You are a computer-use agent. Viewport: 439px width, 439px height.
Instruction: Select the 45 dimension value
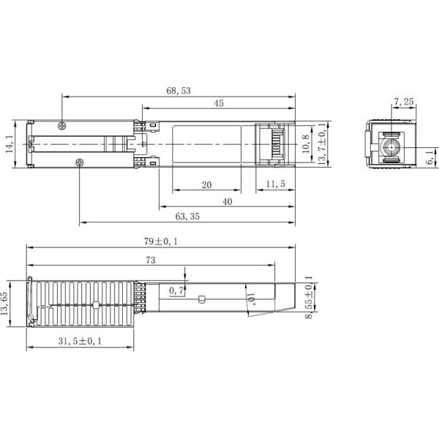pos(219,104)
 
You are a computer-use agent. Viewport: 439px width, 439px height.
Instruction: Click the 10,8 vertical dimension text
pos(307,144)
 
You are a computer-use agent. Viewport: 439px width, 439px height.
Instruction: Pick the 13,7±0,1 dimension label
pos(322,145)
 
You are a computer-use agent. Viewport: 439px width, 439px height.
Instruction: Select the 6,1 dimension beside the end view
pos(431,155)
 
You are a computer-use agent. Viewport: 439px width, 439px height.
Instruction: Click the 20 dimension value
pos(207,184)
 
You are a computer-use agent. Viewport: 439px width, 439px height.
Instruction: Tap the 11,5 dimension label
pos(275,184)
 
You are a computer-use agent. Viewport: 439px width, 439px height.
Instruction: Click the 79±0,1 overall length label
pos(161,242)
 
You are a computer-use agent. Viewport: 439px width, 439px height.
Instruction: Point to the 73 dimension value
pos(151,260)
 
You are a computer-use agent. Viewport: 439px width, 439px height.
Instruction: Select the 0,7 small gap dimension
pos(176,291)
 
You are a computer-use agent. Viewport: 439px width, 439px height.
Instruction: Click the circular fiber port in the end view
pos(388,146)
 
